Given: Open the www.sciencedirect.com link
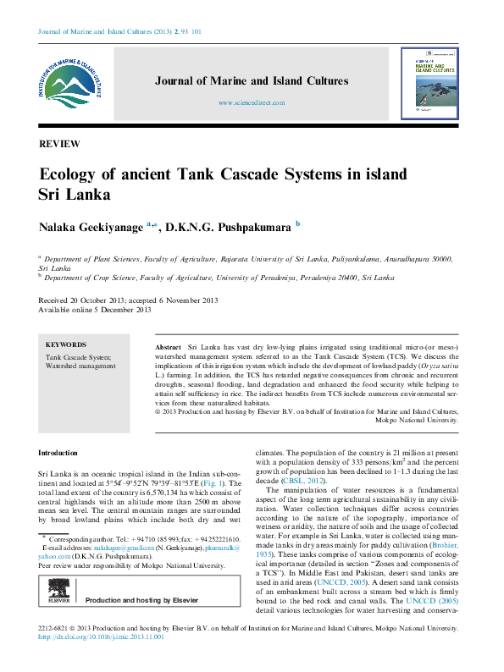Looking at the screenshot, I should pos(252,102).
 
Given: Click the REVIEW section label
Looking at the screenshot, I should pos(60,144).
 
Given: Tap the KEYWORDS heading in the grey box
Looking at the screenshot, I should pos(65,345).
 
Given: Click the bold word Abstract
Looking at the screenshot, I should pos(169,348).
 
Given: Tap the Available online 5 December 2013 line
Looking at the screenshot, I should pos(95,310).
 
